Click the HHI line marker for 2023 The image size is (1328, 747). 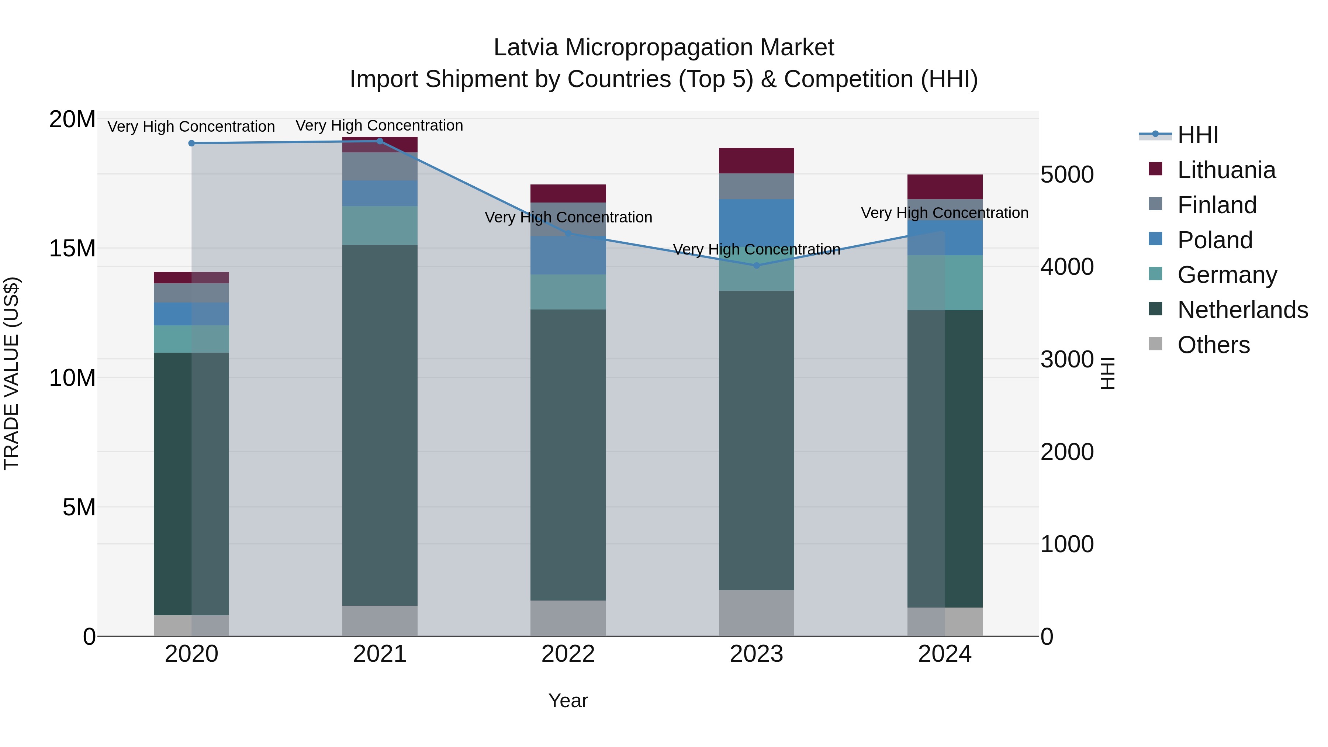756,266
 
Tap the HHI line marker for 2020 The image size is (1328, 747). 191,143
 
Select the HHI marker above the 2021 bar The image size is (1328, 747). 380,141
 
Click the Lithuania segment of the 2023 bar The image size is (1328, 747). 756,160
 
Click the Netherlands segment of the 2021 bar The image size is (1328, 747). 380,425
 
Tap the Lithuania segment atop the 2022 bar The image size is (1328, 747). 568,193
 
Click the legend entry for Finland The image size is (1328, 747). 1217,205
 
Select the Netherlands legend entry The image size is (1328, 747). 1242,310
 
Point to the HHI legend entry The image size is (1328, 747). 1197,135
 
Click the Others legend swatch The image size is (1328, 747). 1155,343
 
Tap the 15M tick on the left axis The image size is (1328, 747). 72,249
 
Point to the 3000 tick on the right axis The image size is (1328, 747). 1066,359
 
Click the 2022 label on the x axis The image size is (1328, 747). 568,654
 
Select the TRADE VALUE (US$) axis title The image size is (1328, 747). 11,373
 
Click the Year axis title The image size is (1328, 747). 568,701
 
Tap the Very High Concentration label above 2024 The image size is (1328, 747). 944,213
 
